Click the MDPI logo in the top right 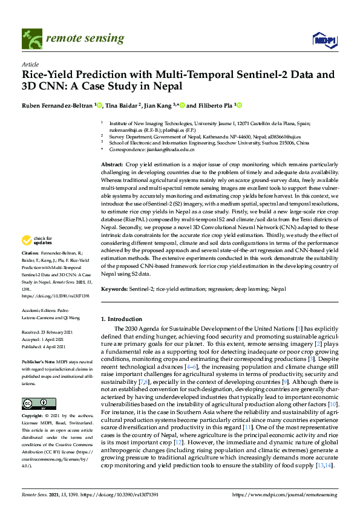324,40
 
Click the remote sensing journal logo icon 29,40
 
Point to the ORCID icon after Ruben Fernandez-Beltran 100,105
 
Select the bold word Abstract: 112,164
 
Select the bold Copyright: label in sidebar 32,417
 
